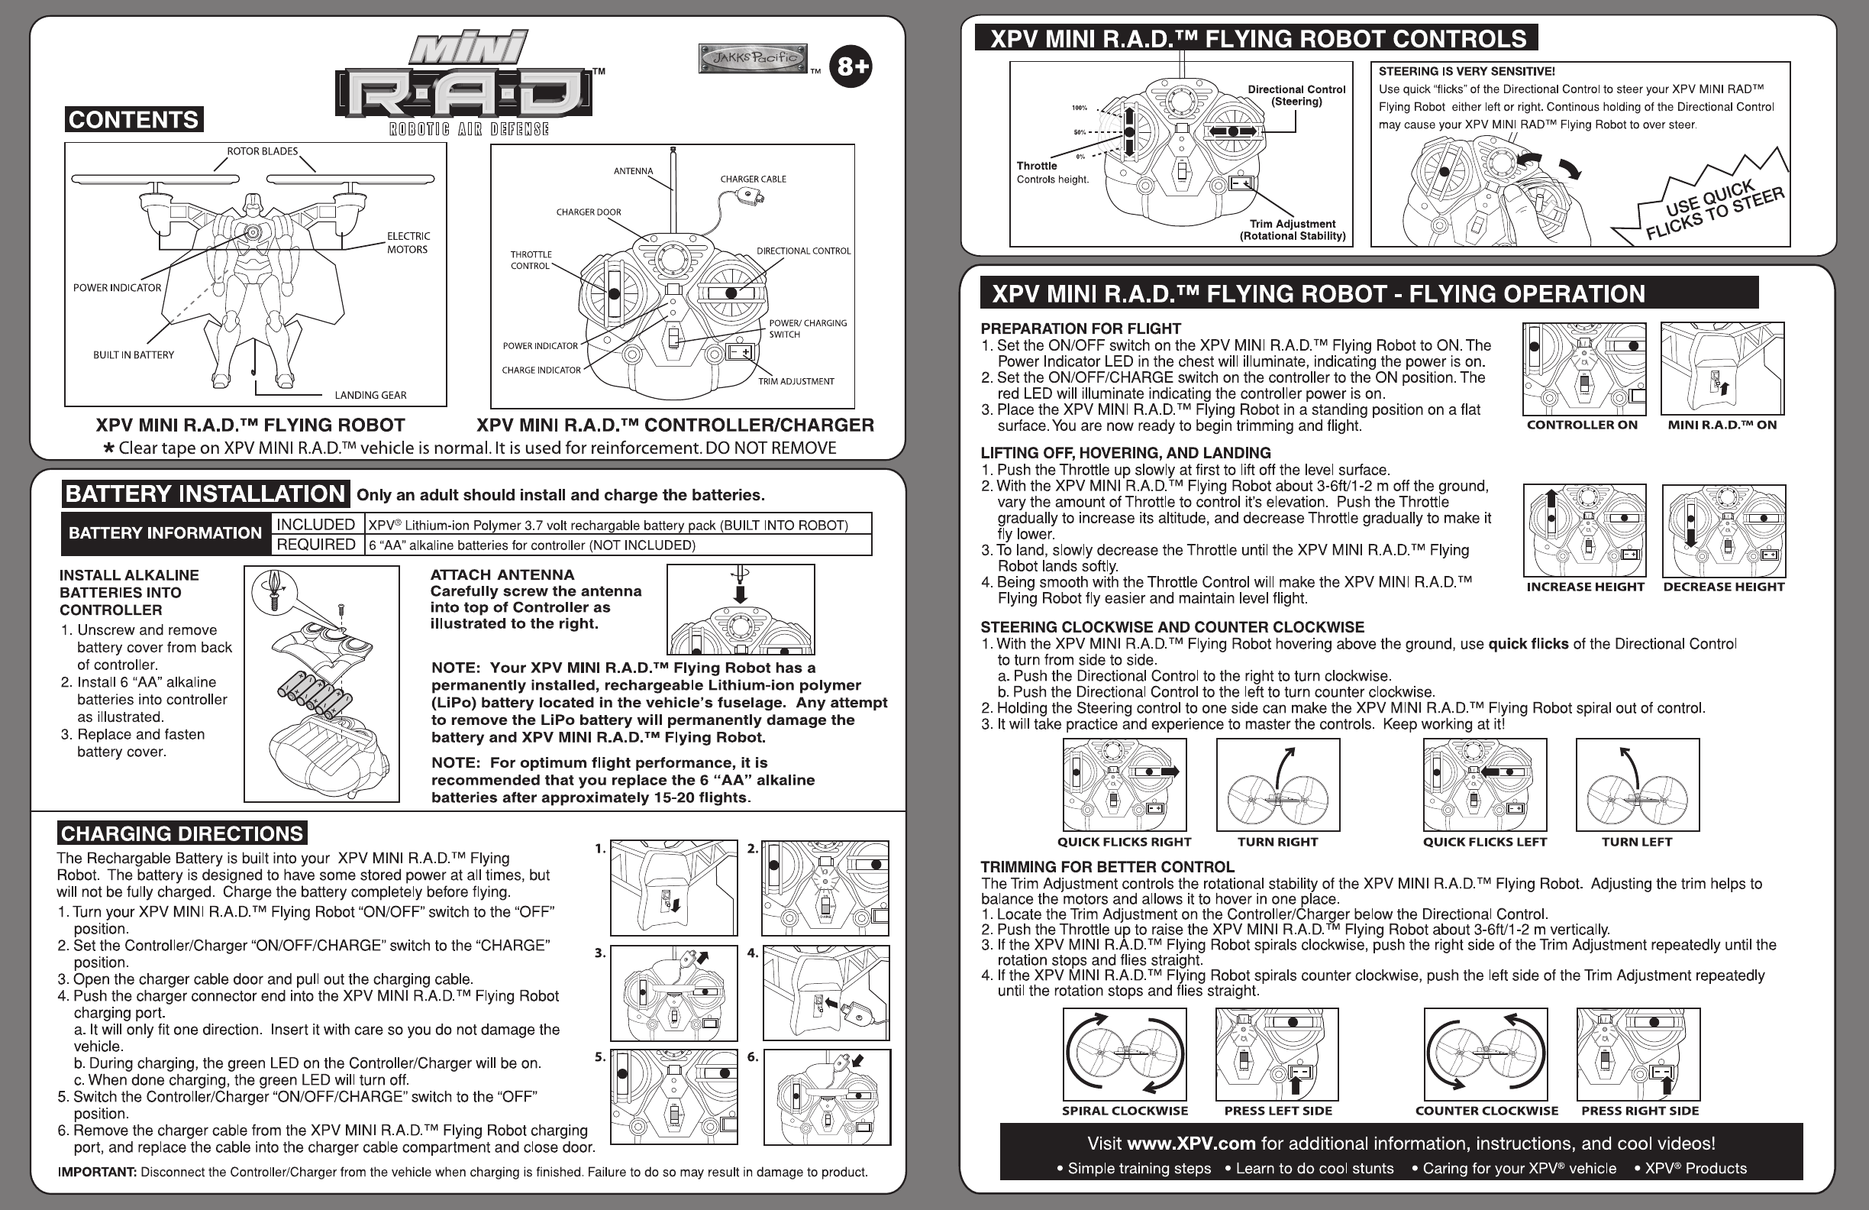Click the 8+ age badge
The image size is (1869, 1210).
coord(851,66)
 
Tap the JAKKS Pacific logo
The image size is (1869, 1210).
coord(753,58)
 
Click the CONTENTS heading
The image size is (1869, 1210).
coord(134,119)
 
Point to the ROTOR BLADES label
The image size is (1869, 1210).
coord(263,150)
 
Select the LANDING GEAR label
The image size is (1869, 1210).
coord(370,395)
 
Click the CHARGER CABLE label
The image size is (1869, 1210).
coord(753,180)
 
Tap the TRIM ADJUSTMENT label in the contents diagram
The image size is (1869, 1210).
coord(796,382)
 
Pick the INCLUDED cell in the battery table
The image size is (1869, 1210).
coord(315,524)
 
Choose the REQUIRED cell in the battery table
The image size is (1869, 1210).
coord(315,545)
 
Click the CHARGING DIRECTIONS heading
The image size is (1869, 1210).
coord(182,833)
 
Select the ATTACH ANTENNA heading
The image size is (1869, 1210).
coord(502,574)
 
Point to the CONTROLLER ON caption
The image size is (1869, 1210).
coord(1582,425)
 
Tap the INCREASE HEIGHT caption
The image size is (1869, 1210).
coord(1585,587)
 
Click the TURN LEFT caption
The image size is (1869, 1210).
coord(1637,843)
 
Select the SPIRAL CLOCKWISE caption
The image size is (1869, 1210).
coord(1125,1111)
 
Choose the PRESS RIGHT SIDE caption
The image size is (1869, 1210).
coord(1640,1111)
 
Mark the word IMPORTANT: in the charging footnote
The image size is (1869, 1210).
coord(98,1173)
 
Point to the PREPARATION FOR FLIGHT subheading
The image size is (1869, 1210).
coord(1080,328)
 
